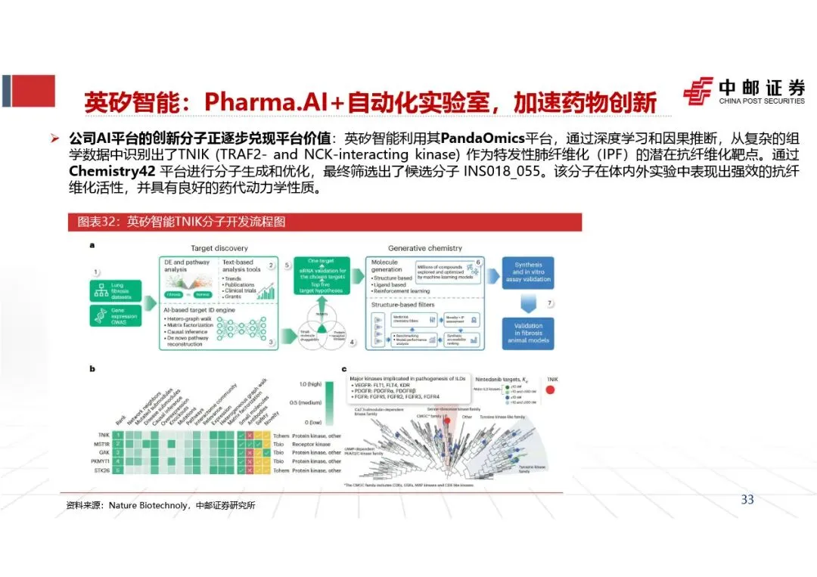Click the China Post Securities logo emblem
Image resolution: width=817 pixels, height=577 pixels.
697,91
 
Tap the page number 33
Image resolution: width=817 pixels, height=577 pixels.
747,499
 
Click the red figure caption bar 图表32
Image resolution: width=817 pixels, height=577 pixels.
325,222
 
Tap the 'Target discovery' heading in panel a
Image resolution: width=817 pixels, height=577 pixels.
219,248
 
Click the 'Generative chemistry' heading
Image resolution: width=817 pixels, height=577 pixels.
424,248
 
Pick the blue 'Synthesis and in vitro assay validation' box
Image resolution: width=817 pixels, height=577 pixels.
528,273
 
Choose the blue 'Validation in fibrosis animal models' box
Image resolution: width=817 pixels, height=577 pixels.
528,333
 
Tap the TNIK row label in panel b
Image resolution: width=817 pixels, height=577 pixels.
104,436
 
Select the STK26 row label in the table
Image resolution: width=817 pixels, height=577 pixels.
104,470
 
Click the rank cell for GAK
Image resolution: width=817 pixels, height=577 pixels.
120,453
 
